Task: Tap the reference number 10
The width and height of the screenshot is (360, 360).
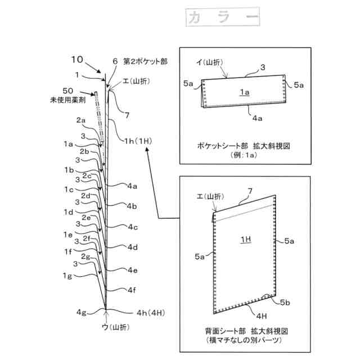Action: click(x=78, y=58)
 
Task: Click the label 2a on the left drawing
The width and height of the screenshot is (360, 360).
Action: click(x=80, y=120)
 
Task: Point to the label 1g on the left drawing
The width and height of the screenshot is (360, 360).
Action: click(x=68, y=276)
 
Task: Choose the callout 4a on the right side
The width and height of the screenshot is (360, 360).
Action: click(x=133, y=185)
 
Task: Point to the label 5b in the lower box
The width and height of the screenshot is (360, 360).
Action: click(x=285, y=302)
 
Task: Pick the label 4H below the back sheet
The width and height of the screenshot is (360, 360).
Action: click(x=262, y=316)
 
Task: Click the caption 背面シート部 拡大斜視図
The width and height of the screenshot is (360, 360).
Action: click(x=243, y=331)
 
